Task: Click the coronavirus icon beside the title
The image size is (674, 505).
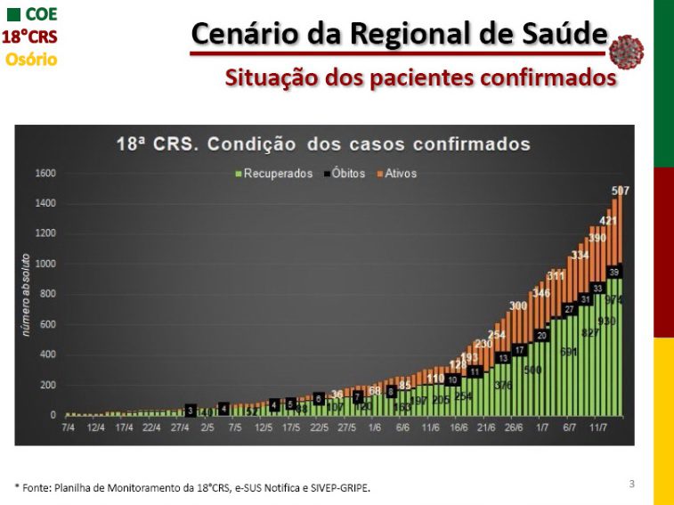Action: tap(629, 50)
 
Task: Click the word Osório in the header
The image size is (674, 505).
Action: tap(31, 60)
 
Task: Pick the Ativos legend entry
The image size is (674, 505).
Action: tap(395, 174)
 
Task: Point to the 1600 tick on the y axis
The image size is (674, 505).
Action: tap(45, 173)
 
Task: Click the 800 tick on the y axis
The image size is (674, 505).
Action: tap(48, 294)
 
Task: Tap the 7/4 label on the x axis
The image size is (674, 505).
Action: tap(69, 428)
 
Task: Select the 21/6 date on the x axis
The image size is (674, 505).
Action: tap(486, 428)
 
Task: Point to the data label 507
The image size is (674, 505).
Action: tap(621, 191)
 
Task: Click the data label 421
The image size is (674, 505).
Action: tap(609, 221)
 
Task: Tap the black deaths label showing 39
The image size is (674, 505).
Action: tap(613, 273)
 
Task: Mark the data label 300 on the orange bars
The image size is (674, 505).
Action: tap(518, 306)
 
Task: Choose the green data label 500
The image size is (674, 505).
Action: tap(532, 370)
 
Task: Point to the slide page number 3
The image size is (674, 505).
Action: tap(631, 484)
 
